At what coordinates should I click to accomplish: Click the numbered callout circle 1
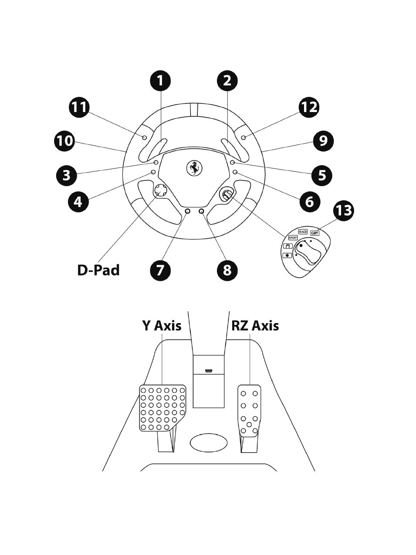point(160,80)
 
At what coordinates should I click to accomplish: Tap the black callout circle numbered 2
point(227,80)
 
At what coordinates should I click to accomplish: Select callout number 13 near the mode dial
point(344,211)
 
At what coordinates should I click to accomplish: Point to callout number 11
point(80,107)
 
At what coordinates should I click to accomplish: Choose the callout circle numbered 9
point(323,141)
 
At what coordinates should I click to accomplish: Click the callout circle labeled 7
point(160,270)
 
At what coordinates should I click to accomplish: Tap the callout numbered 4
point(78,201)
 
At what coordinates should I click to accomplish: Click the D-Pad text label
point(98,270)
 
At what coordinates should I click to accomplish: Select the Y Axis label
point(162,326)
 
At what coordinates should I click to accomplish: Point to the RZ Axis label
point(255,326)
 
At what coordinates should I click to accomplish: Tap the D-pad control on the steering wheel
point(160,191)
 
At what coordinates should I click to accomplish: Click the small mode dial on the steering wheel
point(227,195)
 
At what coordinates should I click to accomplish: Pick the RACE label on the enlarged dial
point(303,232)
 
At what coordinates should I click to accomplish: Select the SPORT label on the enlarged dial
point(293,238)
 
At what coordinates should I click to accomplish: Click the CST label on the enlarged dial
point(315,233)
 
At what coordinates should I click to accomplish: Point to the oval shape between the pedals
point(209,443)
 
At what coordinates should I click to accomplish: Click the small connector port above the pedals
point(209,371)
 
